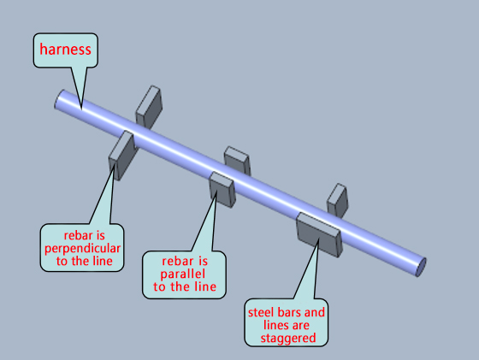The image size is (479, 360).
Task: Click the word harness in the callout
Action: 65,50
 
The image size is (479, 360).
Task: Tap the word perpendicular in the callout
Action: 82,249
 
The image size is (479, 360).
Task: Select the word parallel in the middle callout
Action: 183,274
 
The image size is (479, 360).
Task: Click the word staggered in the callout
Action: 288,339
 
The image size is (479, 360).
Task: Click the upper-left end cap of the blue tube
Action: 60,99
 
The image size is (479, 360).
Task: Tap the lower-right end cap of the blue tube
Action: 421,268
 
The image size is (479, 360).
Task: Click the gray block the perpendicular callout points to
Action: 121,155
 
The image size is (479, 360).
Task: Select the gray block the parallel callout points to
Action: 222,189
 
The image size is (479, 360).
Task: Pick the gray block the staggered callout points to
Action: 319,234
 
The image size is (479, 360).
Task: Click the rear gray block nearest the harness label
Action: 149,107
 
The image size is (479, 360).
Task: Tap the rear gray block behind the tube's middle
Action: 238,159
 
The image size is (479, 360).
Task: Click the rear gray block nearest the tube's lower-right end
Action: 338,199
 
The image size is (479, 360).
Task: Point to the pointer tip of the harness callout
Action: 81,109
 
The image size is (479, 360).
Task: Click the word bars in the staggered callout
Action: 290,312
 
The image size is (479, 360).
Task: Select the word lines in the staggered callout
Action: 274,325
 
